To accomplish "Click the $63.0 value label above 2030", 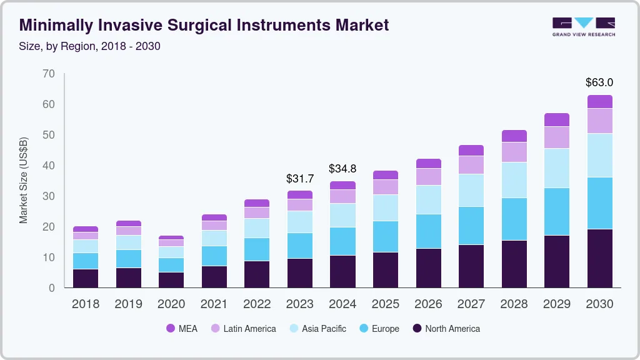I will click(x=599, y=82).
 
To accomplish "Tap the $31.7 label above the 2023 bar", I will click(x=300, y=179).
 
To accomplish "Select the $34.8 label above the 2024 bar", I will click(x=342, y=169).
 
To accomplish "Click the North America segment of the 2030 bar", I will click(x=599, y=258).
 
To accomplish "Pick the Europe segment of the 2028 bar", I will click(x=514, y=219).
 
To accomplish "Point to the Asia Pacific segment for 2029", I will click(x=557, y=168).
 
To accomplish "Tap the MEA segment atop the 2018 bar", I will click(x=86, y=229).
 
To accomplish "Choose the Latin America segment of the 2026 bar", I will click(x=428, y=177).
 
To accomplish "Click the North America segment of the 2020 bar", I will click(x=171, y=280).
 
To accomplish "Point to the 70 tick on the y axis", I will click(x=49, y=74).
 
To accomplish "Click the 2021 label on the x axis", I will click(x=214, y=304).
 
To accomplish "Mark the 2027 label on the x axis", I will click(x=471, y=304).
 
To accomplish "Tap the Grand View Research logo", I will click(x=583, y=26).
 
